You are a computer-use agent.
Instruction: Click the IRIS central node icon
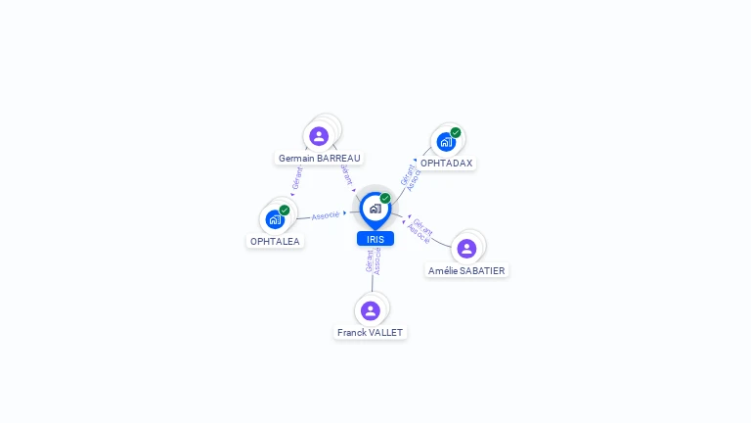[x=375, y=208]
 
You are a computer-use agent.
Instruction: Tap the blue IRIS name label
[x=375, y=239]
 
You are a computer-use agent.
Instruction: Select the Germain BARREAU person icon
[x=319, y=136]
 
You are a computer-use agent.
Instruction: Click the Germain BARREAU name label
[x=319, y=158]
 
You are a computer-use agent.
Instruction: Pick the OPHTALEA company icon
[x=275, y=219]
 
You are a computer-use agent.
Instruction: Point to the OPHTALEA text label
[x=275, y=241]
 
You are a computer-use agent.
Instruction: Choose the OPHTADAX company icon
[x=446, y=141]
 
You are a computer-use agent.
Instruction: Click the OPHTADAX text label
[x=446, y=164]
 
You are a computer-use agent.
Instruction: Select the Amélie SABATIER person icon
[x=466, y=249]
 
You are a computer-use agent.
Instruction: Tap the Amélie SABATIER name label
[x=467, y=270]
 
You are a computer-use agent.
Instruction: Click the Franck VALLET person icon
[x=370, y=310]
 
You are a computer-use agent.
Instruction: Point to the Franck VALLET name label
[x=370, y=332]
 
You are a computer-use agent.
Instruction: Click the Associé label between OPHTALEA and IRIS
[x=326, y=214]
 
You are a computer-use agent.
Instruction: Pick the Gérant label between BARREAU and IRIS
[x=345, y=174]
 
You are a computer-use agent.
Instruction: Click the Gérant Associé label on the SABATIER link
[x=420, y=229]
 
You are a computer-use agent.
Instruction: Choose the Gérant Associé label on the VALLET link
[x=373, y=260]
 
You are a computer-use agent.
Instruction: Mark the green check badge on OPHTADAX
[x=456, y=132]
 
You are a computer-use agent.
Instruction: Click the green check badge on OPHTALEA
[x=285, y=211]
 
